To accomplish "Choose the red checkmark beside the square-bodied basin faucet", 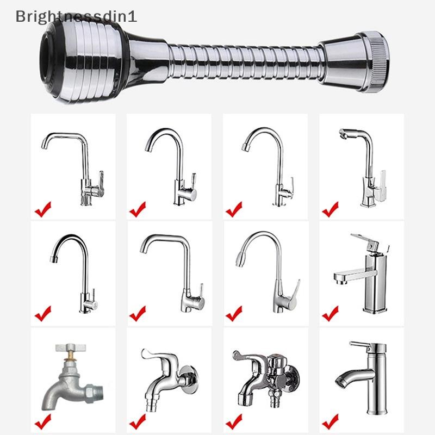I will tap(330, 314).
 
